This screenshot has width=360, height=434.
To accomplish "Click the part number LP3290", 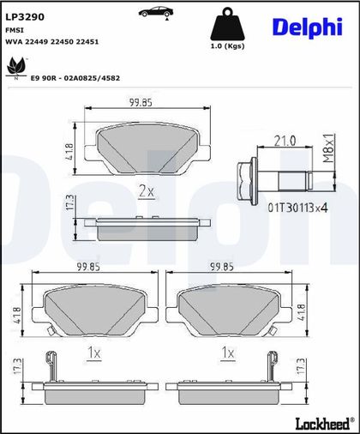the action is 25,17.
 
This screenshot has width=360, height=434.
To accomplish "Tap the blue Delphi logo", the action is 308,27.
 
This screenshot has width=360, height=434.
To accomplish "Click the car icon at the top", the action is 156,12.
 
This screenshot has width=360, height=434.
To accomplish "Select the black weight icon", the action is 228,24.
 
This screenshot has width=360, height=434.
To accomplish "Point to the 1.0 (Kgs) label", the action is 228,46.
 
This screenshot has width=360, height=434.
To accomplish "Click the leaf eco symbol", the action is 16,68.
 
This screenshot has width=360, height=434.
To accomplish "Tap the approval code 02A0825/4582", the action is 92,78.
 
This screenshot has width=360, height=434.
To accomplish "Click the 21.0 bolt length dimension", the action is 285,141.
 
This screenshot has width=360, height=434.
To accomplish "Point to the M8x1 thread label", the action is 328,148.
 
